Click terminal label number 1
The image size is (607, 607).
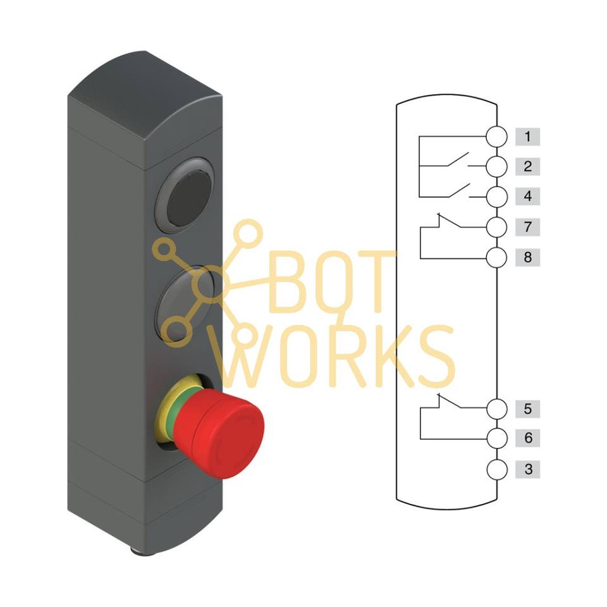[527, 137]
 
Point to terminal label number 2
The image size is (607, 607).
[527, 166]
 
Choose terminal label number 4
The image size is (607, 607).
[527, 196]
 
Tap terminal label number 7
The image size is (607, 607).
[527, 227]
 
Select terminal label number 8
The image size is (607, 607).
[527, 257]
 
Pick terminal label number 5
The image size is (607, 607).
[527, 409]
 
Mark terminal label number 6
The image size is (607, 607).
[527, 438]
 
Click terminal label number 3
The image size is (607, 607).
[527, 469]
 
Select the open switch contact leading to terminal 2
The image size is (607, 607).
[459, 159]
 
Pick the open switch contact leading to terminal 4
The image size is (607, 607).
[459, 190]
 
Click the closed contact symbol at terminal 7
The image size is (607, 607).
[449, 221]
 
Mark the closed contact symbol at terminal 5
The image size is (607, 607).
[449, 401]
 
